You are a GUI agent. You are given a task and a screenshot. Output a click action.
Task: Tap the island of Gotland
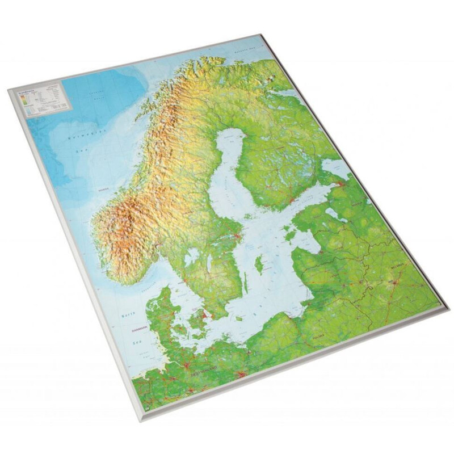tap(259, 264)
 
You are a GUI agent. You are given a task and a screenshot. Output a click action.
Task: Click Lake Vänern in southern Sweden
tap(192, 257)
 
